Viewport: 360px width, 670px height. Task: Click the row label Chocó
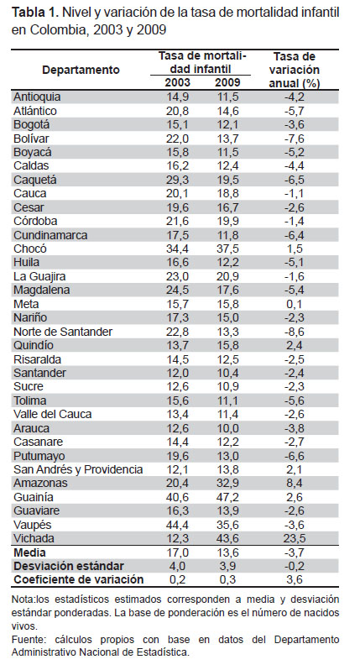pyautogui.click(x=30, y=249)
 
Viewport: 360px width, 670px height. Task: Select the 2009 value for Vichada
pyautogui.click(x=227, y=538)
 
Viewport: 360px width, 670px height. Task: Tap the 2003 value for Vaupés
pyautogui.click(x=178, y=525)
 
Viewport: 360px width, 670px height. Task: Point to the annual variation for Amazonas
pyautogui.click(x=294, y=484)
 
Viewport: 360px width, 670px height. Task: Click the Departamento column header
pyautogui.click(x=81, y=70)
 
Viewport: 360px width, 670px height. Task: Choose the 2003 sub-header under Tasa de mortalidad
pyautogui.click(x=178, y=82)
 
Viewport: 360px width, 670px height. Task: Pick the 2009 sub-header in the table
pyautogui.click(x=227, y=82)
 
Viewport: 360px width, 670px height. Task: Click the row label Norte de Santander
pyautogui.click(x=63, y=332)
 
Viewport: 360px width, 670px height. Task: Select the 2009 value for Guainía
pyautogui.click(x=227, y=497)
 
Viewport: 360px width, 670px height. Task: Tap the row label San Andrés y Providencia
pyautogui.click(x=78, y=469)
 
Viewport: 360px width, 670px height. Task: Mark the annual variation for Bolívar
pyautogui.click(x=294, y=139)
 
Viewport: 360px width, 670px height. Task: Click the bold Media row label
pyautogui.click(x=29, y=552)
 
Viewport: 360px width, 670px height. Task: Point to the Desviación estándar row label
pyautogui.click(x=69, y=566)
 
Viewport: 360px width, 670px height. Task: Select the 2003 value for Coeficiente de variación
pyautogui.click(x=178, y=580)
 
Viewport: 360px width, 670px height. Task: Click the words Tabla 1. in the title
pyautogui.click(x=35, y=13)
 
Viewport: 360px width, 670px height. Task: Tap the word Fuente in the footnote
pyautogui.click(x=24, y=640)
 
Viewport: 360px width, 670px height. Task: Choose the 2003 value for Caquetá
pyautogui.click(x=178, y=180)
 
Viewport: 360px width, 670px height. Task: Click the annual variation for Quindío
pyautogui.click(x=294, y=345)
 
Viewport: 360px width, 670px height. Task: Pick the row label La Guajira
pyautogui.click(x=39, y=276)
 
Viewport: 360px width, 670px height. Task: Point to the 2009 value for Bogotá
pyautogui.click(x=227, y=125)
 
